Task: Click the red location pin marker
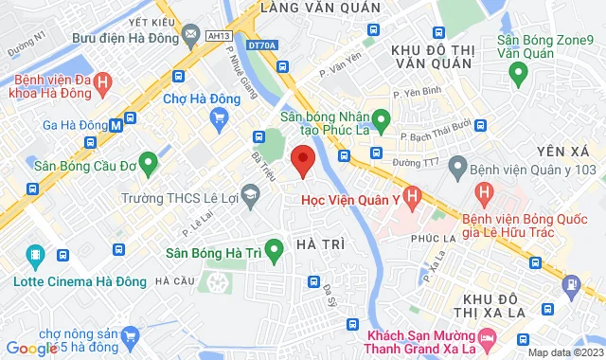(x=302, y=160)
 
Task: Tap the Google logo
(x=34, y=348)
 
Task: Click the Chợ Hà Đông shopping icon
(x=220, y=117)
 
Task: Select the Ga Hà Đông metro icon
(x=115, y=123)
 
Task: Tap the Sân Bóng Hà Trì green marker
(x=274, y=252)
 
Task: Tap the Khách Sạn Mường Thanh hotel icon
(x=487, y=337)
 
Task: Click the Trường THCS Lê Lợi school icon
(x=250, y=197)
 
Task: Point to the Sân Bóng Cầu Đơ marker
(x=147, y=163)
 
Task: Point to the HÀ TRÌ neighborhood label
(x=319, y=245)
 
